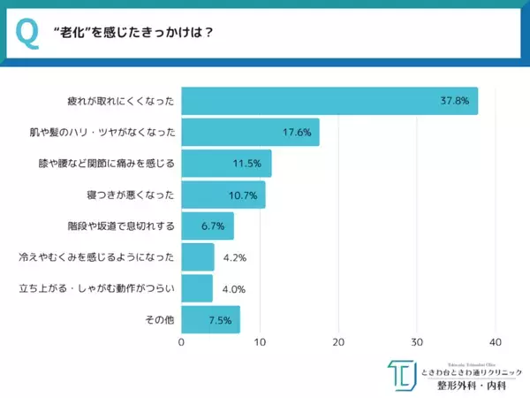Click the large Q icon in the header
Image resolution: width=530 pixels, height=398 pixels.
[x=27, y=34]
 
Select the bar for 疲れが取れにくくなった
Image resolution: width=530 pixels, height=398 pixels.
[x=329, y=101]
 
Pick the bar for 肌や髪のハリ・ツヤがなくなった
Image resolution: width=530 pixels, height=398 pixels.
[x=250, y=133]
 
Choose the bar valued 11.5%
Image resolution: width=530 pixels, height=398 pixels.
[x=226, y=164]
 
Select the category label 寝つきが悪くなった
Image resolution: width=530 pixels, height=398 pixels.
[x=133, y=195]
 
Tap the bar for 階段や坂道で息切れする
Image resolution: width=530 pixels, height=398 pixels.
[x=208, y=226]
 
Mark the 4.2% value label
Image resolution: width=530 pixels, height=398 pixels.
[x=233, y=257]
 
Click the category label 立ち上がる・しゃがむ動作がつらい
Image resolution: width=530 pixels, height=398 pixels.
[x=102, y=288]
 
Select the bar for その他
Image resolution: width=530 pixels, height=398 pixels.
[x=210, y=319]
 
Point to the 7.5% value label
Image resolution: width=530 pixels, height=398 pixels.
[x=219, y=319]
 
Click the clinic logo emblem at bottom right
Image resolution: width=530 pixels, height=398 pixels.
[x=400, y=375]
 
